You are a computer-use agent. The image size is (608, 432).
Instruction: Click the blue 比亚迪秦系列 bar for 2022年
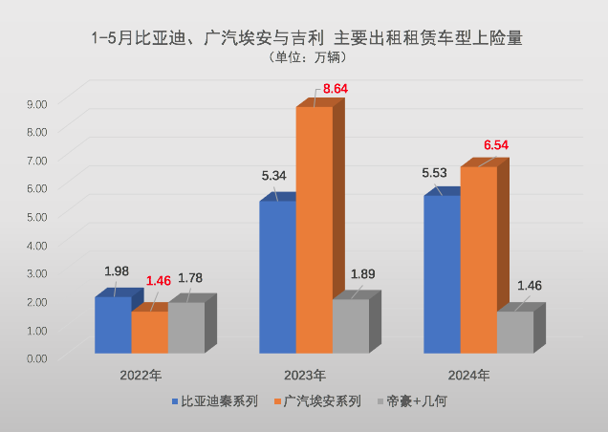click(x=112, y=325)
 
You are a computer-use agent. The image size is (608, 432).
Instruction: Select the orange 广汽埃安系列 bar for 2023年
click(x=314, y=229)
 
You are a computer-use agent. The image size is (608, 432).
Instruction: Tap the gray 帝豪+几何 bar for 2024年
click(x=514, y=332)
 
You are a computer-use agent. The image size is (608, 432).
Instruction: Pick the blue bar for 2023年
click(x=277, y=277)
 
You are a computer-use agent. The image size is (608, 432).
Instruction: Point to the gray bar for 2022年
click(x=186, y=328)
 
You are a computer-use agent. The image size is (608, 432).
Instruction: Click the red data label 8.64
click(x=336, y=89)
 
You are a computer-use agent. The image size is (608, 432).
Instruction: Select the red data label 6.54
click(x=496, y=145)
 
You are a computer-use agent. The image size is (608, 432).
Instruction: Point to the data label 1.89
click(x=362, y=274)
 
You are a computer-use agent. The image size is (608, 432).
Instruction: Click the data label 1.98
click(x=115, y=271)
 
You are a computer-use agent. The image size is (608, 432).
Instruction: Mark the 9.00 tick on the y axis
click(x=36, y=101)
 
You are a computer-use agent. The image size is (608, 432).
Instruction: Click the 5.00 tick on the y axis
click(x=36, y=215)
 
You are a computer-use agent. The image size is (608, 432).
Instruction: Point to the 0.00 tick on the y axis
click(x=36, y=357)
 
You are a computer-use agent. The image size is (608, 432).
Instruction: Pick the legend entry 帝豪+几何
click(x=415, y=401)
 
